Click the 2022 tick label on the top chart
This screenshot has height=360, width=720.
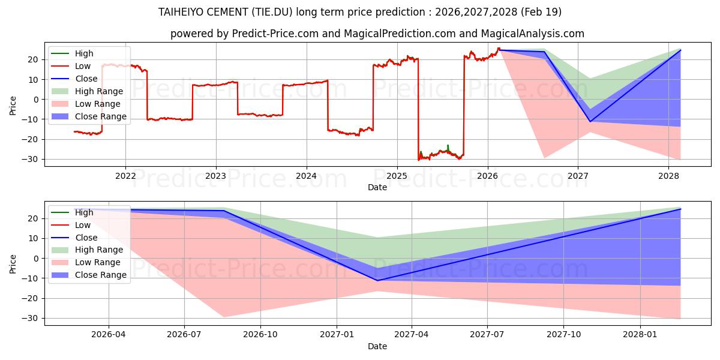(125, 176)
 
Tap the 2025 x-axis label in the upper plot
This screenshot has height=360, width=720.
(397, 176)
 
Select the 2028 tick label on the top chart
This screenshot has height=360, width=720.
(668, 176)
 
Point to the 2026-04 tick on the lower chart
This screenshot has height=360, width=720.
(109, 335)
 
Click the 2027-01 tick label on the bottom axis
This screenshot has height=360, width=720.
(337, 335)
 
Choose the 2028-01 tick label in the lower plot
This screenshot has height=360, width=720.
(640, 335)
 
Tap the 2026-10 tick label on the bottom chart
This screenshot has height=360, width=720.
(260, 335)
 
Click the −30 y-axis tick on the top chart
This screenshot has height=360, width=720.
(30, 160)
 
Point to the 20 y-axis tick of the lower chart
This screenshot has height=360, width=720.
(34, 218)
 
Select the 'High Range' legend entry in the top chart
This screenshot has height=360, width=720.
(88, 91)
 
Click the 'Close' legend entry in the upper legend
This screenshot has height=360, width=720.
(74, 79)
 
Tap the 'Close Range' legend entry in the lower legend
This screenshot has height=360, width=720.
(89, 275)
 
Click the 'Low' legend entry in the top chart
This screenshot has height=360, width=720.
(71, 66)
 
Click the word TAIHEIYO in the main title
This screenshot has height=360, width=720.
(181, 12)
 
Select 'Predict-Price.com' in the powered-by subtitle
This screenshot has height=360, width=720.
(275, 34)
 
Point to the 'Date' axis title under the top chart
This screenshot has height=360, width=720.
(377, 187)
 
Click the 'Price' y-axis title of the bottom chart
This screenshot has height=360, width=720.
(13, 264)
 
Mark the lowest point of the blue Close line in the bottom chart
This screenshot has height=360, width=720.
(377, 281)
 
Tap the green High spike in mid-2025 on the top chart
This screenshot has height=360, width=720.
(448, 147)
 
